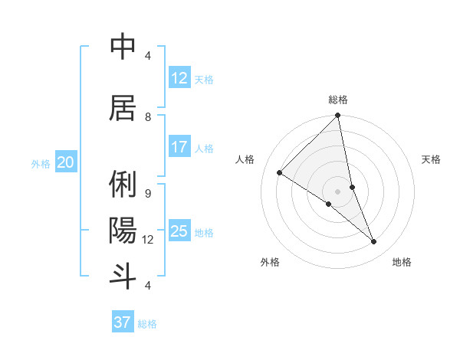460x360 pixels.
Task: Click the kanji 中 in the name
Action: point(123,47)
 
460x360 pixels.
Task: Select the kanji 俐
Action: point(123,185)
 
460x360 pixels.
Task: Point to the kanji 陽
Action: point(123,230)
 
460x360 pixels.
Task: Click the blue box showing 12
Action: point(179,78)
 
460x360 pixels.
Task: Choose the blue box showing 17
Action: point(179,147)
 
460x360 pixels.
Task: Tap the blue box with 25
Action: point(179,231)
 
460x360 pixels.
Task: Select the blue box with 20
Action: point(66,162)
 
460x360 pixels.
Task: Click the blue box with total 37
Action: point(123,322)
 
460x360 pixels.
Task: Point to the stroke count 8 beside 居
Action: point(148,116)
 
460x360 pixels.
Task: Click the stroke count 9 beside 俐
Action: point(148,193)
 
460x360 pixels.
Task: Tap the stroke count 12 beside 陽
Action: point(148,240)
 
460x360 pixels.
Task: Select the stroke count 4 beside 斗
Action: point(148,285)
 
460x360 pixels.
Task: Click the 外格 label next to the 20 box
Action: point(41,163)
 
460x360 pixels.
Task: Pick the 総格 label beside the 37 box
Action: point(147,324)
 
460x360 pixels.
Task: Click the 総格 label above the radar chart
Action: point(338,100)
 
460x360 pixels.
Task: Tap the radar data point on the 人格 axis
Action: point(280,173)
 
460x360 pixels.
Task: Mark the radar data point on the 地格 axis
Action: point(374,242)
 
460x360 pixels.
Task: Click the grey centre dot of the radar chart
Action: point(337,191)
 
